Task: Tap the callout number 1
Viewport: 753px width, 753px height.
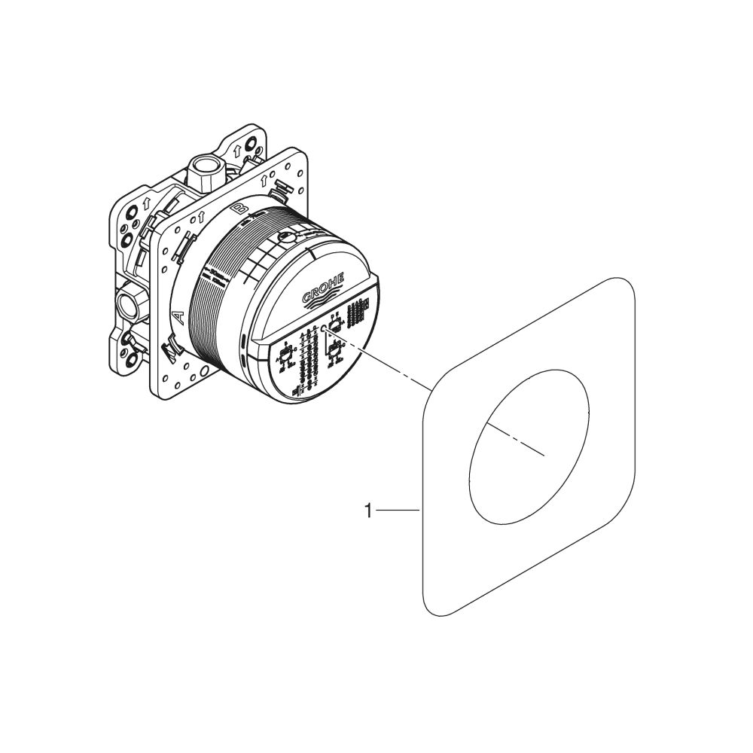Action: pyautogui.click(x=368, y=511)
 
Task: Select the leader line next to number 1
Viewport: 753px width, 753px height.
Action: pyautogui.click(x=398, y=511)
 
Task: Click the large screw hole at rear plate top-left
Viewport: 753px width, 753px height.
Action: pyautogui.click(x=127, y=234)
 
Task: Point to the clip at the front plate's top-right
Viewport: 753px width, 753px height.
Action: pyautogui.click(x=281, y=191)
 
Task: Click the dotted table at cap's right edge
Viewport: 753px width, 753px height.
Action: pyautogui.click(x=360, y=309)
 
